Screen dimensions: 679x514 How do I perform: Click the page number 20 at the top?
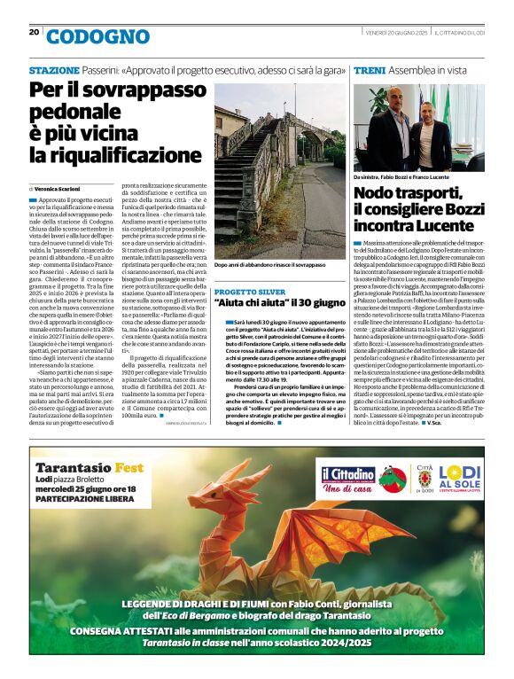tap(34, 32)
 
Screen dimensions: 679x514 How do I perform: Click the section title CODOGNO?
tap(97, 36)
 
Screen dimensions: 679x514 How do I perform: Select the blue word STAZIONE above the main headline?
tap(54, 69)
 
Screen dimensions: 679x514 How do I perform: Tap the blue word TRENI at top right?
tap(369, 69)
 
